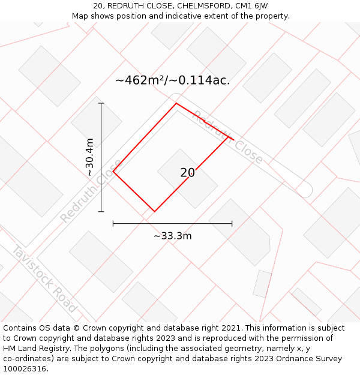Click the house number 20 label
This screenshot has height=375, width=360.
tap(187, 173)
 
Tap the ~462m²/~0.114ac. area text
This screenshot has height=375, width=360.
tap(172, 80)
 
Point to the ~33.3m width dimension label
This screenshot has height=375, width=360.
tap(172, 236)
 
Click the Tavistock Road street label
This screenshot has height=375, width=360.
tap(44, 279)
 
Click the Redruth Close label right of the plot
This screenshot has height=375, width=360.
tap(227, 137)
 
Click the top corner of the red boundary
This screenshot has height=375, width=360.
tap(176, 104)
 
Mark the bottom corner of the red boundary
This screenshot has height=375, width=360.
tap(154, 212)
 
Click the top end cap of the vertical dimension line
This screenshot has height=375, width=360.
tap(101, 103)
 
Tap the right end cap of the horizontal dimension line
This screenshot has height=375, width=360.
tap(232, 224)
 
